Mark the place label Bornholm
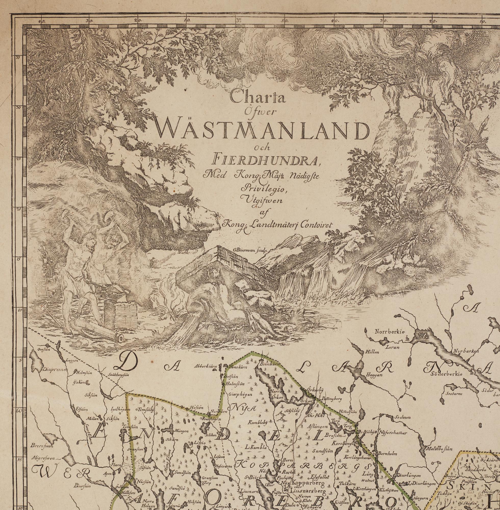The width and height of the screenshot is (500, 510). tap(387, 454)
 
